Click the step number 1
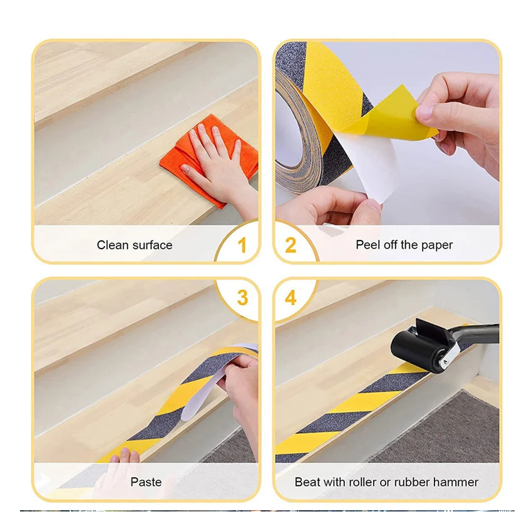242,245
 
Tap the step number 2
290,245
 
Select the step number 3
242,297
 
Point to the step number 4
291,297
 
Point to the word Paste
146,482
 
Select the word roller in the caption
362,482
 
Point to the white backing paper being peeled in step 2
367,168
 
